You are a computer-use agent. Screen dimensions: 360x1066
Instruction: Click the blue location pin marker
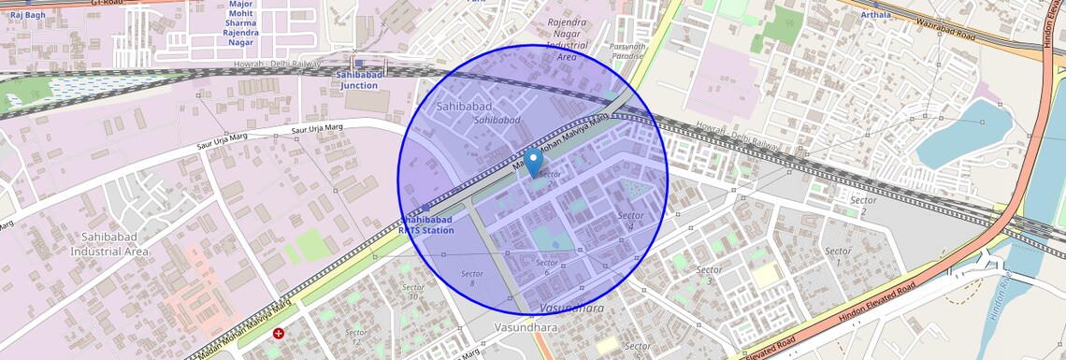(533, 163)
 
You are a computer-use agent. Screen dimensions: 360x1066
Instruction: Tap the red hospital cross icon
(279, 334)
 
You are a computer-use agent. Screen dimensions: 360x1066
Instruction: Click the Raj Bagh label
(28, 15)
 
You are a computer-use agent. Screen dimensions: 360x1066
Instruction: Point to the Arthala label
(875, 15)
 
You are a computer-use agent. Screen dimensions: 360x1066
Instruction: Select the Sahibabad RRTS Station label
(425, 224)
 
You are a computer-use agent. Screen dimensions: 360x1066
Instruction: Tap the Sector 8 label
(471, 278)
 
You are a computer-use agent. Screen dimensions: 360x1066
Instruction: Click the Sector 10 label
(412, 291)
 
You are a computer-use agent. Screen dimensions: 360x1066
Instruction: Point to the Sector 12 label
(354, 337)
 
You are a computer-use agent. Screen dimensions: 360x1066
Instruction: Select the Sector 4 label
(631, 221)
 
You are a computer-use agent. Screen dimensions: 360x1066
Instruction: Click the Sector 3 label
(709, 275)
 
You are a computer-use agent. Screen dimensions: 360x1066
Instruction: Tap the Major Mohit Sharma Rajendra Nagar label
(241, 22)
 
